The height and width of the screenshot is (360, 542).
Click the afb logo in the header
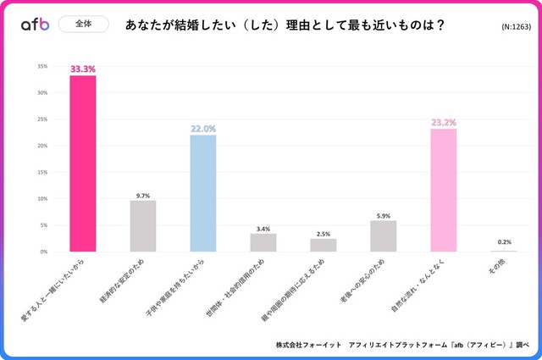point(36,25)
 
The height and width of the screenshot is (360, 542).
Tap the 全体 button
point(84,25)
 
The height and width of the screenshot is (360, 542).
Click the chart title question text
point(285,25)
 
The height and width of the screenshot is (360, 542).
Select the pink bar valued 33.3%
point(83,163)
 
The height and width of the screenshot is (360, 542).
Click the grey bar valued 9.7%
point(143,226)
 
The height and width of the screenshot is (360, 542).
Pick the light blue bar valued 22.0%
point(202,193)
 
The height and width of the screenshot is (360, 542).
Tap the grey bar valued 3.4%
point(263,242)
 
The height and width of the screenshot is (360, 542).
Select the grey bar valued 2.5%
point(323,245)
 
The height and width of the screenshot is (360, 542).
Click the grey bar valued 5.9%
point(383,235)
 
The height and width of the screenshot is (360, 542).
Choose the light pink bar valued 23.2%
point(443,190)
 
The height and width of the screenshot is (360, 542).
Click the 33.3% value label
point(83,67)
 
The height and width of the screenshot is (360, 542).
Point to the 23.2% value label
point(443,121)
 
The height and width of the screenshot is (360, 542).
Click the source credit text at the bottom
point(399,345)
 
